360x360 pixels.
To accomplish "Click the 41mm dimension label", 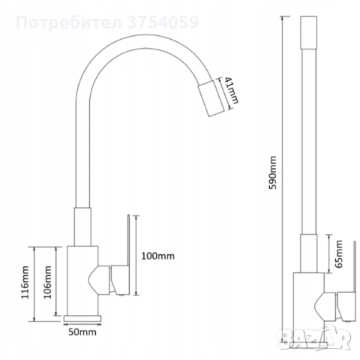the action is [232, 90].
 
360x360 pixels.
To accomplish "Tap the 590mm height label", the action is [273, 172].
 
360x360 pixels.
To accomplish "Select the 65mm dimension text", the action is [339, 254].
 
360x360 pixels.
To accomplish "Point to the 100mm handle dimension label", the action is [158, 256].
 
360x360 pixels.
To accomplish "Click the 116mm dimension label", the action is [25, 282].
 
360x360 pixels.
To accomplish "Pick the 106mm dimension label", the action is [47, 282].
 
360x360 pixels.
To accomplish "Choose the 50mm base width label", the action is [82, 332].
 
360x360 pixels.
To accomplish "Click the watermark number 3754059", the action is [163, 22].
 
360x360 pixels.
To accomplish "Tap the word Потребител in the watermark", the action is [69, 22].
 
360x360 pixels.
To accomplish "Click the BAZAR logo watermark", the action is [314, 337].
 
